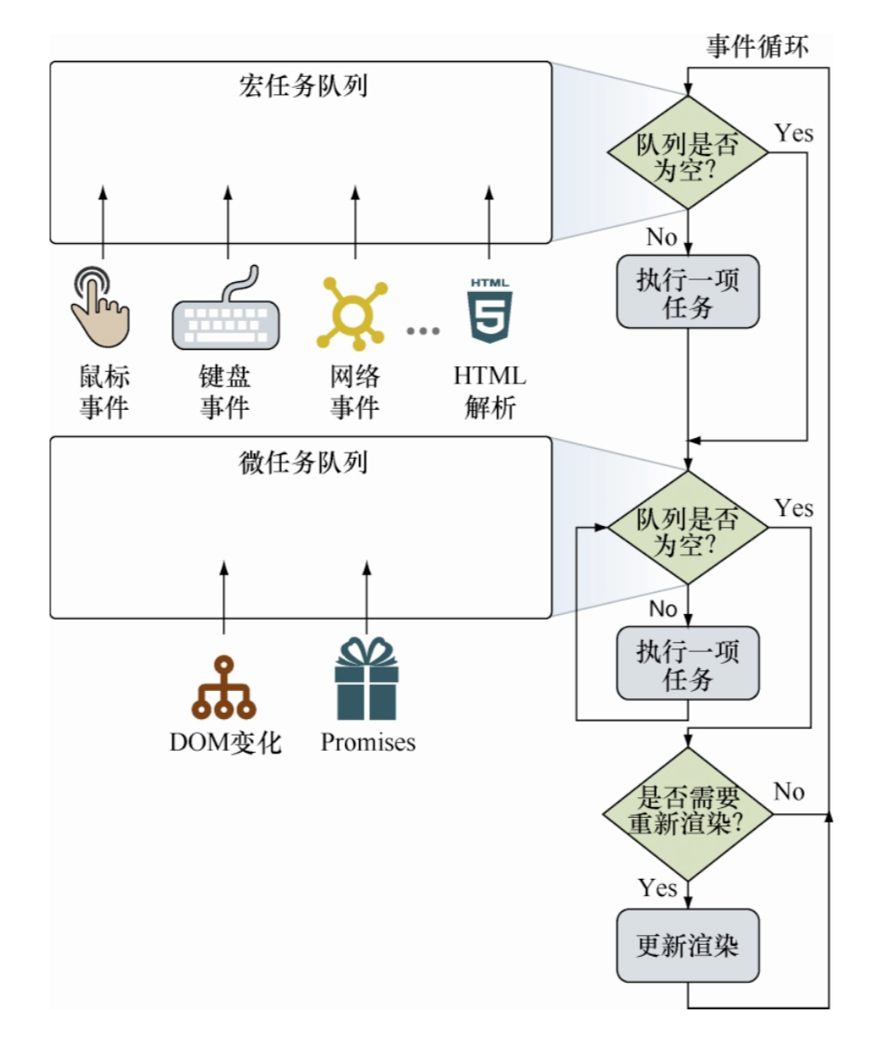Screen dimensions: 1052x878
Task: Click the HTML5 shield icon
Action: click(490, 311)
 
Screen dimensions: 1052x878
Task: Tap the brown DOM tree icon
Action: click(223, 687)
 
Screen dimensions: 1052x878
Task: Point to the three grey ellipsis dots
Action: click(423, 331)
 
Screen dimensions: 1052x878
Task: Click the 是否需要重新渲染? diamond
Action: click(688, 813)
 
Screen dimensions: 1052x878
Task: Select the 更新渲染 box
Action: click(688, 946)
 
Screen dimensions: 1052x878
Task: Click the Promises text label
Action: click(367, 743)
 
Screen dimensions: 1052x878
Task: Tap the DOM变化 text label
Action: click(226, 744)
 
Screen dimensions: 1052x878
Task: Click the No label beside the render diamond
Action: click(789, 792)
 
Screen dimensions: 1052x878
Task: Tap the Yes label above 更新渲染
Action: click(658, 887)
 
